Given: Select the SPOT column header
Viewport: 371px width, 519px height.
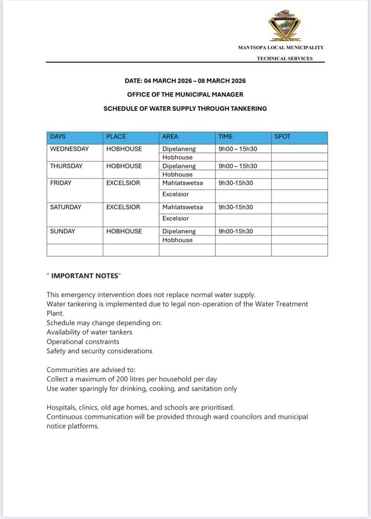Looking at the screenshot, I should pos(282,137).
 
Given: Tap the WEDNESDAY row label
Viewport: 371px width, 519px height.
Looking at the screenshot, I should pos(69,149).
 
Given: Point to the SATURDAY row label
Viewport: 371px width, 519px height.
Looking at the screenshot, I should pos(65,207).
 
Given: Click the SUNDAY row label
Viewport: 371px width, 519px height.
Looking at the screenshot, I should pos(62,231).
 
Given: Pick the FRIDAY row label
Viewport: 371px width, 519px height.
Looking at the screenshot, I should pos(61,183).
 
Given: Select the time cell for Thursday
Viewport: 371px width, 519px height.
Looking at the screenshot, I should pos(238,166).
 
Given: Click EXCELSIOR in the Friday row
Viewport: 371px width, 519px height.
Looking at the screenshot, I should pos(123,183).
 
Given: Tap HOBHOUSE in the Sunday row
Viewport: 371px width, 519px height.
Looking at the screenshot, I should pos(124,231).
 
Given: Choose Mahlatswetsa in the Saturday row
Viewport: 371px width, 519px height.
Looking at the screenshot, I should pos(182,207).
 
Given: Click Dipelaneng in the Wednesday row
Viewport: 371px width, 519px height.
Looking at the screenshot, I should pos(179,149).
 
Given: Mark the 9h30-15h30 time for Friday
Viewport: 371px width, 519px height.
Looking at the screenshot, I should pos(236,183).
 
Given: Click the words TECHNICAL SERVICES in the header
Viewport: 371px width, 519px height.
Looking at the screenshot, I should pos(284,58).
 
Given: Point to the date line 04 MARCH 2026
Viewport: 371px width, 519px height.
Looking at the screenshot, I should pos(185,81).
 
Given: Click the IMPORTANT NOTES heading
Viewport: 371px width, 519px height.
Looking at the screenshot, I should pos(84,276).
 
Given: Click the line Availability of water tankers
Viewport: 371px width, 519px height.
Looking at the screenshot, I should pos(89,332).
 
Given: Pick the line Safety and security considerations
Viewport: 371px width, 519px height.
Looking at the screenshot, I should pos(99,351).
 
